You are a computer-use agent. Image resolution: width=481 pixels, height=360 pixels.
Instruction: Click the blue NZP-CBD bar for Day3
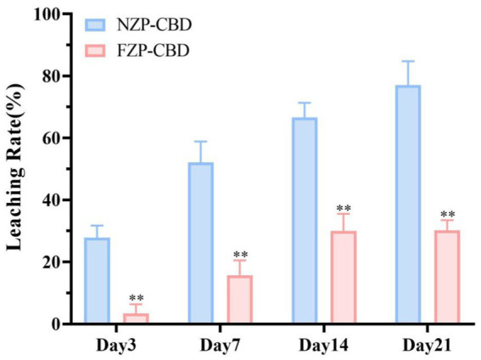pos(120,280)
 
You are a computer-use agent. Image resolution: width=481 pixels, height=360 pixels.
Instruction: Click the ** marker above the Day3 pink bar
pos(136,299)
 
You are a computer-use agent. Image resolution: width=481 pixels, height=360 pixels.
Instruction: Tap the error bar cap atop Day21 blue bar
pos(407,61)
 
